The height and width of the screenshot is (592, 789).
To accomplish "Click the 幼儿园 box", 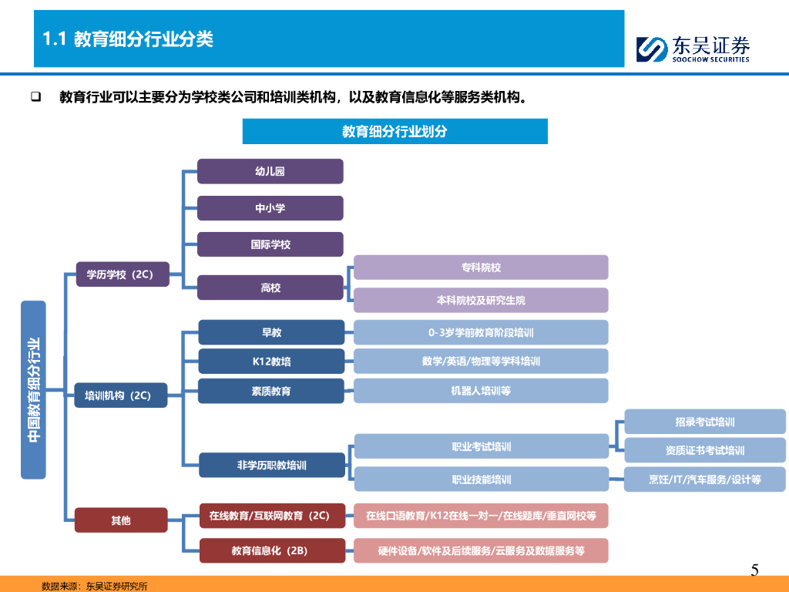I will click(x=270, y=171).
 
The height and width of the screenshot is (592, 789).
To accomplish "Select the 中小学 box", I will click(x=270, y=208).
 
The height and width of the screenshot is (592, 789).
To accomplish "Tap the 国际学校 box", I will click(x=270, y=244).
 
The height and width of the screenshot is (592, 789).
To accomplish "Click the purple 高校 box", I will click(x=270, y=288).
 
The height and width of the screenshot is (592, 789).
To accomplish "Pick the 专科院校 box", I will click(x=481, y=267).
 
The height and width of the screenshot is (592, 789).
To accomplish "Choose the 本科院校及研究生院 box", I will click(x=481, y=300).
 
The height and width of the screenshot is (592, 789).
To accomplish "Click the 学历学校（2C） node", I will click(x=122, y=274).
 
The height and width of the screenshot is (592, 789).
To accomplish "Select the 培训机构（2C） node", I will click(x=122, y=395).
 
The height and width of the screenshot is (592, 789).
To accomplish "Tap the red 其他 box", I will click(x=121, y=520).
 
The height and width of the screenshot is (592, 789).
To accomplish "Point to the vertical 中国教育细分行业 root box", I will click(x=33, y=389).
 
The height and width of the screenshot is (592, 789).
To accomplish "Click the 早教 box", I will click(x=271, y=332).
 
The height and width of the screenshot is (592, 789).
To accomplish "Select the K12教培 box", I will click(x=271, y=361).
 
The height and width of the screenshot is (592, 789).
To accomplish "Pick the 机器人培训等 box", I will click(x=481, y=390).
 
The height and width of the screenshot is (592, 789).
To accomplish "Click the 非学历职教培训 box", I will click(x=271, y=465).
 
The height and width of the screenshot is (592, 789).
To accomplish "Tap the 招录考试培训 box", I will click(x=704, y=422).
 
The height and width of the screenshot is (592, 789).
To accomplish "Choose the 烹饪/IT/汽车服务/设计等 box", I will click(x=704, y=479).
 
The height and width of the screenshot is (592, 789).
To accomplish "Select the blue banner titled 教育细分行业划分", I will click(x=394, y=131).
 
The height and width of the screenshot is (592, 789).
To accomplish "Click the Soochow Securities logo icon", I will click(x=651, y=49).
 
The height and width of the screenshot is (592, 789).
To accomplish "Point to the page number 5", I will click(x=754, y=570).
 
